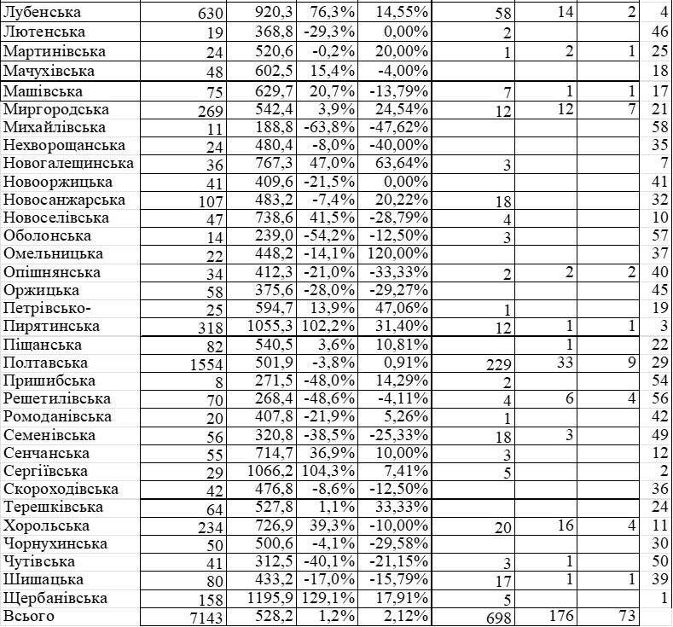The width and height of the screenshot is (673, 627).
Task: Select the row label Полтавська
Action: tap(45, 363)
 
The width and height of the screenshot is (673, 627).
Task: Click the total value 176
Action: tap(560, 617)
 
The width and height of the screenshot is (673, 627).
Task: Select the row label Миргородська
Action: tap(56, 109)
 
